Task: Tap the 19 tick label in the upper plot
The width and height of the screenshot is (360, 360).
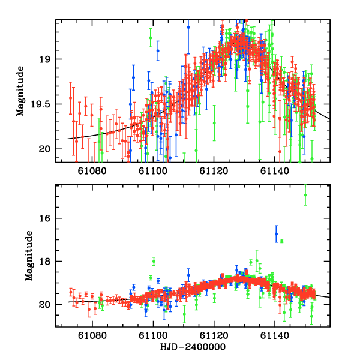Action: (49, 59)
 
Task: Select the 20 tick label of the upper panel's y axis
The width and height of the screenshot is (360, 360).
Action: (49, 149)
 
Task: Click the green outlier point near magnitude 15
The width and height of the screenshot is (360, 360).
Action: (305, 195)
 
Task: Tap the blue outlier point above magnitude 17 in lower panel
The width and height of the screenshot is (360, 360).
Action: (276, 233)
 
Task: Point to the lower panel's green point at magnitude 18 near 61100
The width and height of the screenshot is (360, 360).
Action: (154, 260)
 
